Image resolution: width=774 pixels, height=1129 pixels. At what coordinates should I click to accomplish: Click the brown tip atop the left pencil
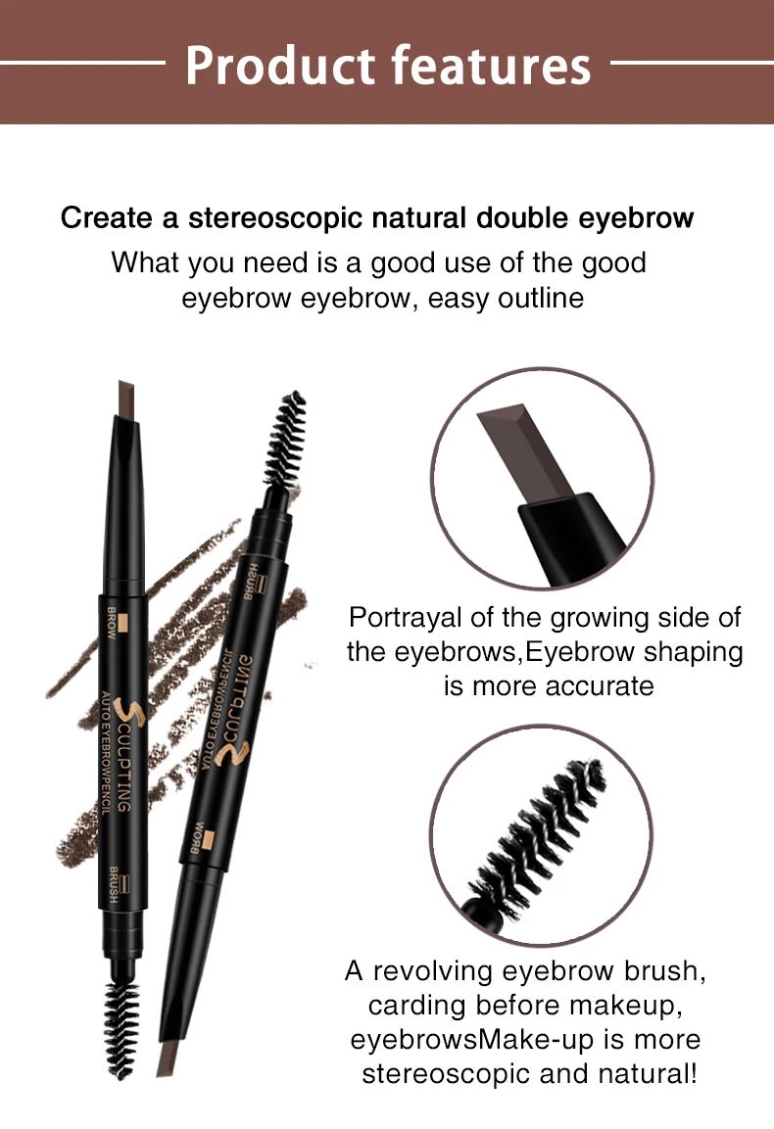126,399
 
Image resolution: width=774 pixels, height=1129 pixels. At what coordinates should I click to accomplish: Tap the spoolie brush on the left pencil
122,1028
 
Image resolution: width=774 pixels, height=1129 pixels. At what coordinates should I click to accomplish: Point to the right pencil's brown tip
169,1058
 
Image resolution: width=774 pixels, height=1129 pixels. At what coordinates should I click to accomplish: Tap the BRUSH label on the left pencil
114,885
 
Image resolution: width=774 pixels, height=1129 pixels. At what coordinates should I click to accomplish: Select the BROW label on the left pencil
111,624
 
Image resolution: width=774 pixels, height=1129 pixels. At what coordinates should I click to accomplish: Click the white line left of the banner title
83,64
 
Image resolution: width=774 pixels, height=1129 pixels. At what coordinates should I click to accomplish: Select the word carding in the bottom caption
417,1006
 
